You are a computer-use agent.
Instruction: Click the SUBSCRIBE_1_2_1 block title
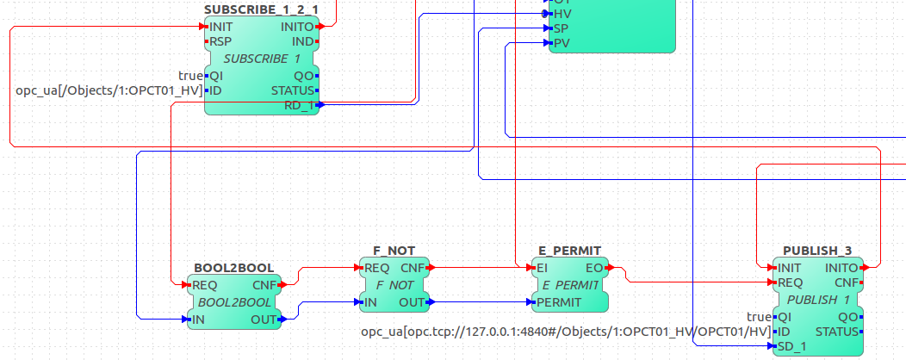coord(261,9)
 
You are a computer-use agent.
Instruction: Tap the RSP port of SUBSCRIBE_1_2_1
coord(220,41)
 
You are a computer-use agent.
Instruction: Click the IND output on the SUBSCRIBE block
coord(303,41)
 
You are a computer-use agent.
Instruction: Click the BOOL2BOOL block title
coord(233,268)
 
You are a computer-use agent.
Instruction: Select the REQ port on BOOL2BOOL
coord(204,285)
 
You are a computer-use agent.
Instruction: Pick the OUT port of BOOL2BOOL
coord(263,320)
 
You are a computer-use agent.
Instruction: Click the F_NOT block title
coord(394,251)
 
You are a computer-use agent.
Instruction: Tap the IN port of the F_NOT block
coord(370,302)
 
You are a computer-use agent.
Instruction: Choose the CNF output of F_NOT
coord(413,268)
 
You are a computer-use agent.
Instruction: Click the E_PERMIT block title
coord(570,251)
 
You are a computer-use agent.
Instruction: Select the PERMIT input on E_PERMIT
coord(558,302)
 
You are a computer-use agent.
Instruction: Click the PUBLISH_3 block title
coord(817,251)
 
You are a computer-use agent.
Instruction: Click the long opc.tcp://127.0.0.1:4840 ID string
coord(565,332)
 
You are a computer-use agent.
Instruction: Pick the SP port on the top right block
coord(561,28)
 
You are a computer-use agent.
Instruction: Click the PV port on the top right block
coord(561,42)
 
